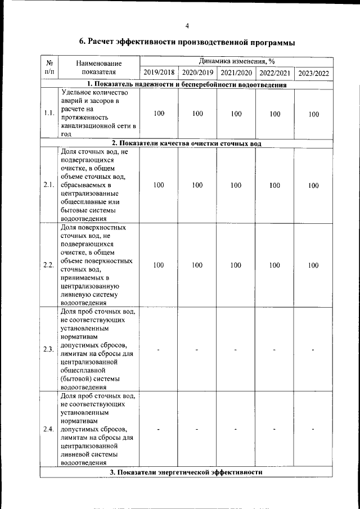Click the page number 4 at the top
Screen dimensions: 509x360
187,25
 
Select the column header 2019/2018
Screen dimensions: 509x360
159,73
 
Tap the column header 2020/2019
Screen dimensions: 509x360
197,73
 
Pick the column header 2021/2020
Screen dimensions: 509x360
236,73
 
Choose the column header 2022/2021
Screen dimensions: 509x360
274,73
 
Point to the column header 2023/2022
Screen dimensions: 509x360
313,73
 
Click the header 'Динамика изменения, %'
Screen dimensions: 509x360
236,61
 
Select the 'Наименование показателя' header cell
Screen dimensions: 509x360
98,67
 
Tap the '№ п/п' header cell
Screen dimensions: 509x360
49,67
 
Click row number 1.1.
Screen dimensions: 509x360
49,114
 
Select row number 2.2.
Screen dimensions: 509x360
49,265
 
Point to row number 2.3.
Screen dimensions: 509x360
49,349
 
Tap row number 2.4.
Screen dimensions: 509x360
49,430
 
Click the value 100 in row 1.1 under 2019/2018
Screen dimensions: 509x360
159,114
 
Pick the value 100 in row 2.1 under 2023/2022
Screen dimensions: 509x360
313,185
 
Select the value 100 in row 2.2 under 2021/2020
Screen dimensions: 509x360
236,265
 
